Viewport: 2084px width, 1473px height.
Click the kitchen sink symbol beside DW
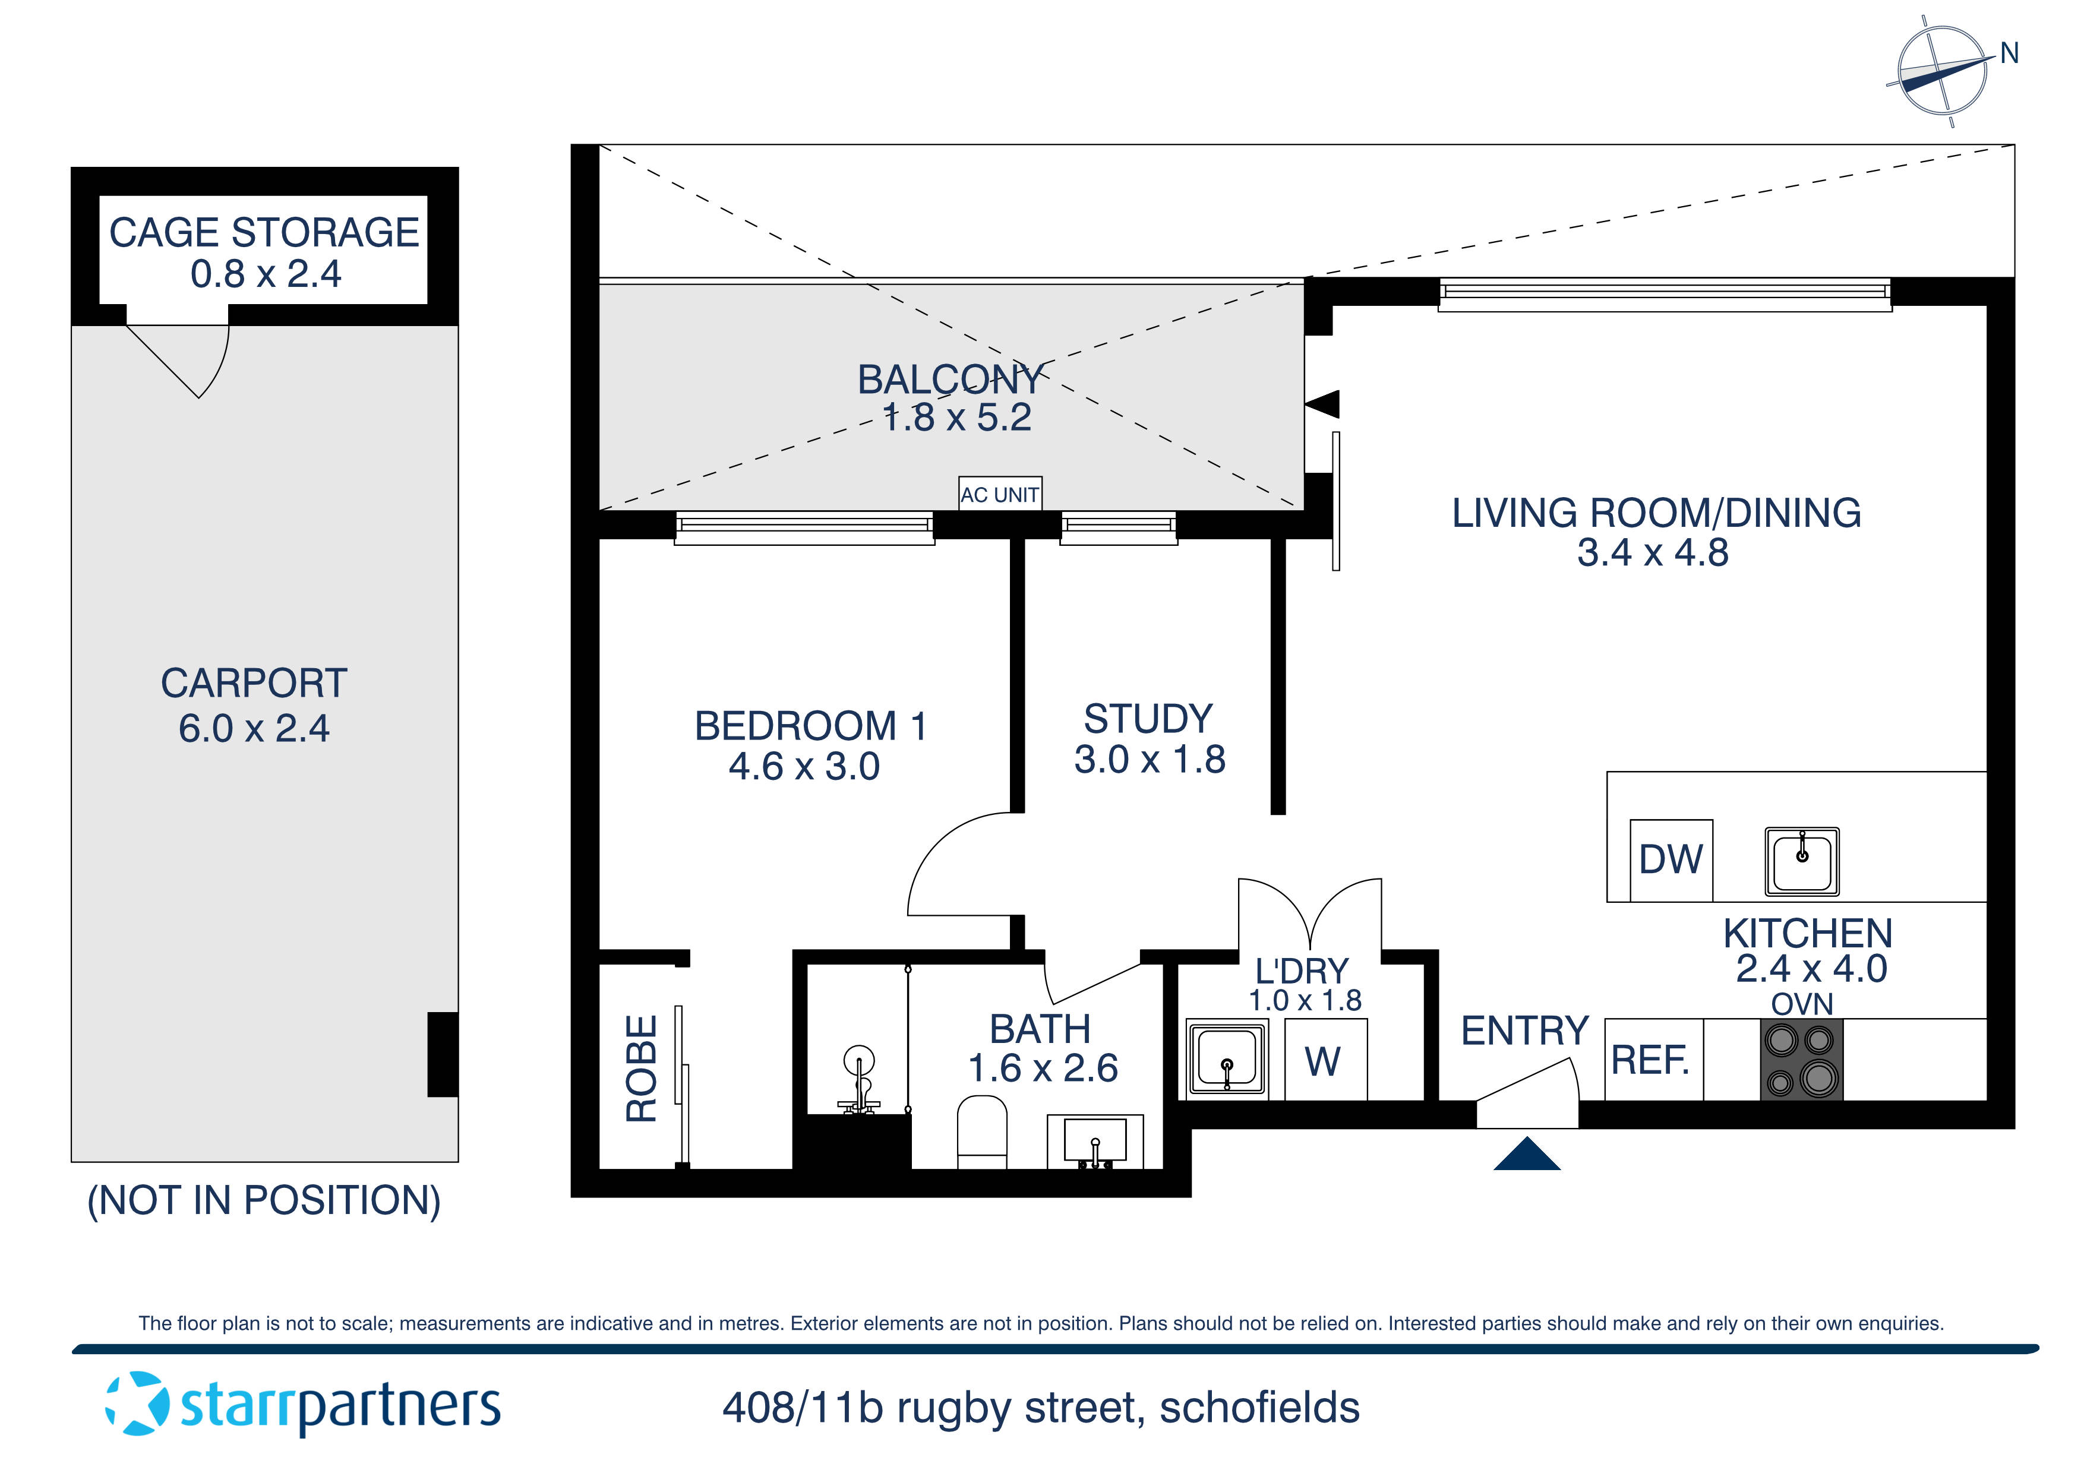[1802, 861]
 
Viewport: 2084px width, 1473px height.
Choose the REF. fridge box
[1653, 1059]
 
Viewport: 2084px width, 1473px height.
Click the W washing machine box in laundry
[1324, 1060]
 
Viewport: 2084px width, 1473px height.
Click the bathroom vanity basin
[1095, 1141]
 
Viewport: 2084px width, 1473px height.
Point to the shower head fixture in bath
[858, 1080]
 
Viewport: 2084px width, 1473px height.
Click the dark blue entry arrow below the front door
[1527, 1155]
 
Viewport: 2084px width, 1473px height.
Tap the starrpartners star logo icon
[137, 1404]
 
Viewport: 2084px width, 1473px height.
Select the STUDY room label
[1148, 718]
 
